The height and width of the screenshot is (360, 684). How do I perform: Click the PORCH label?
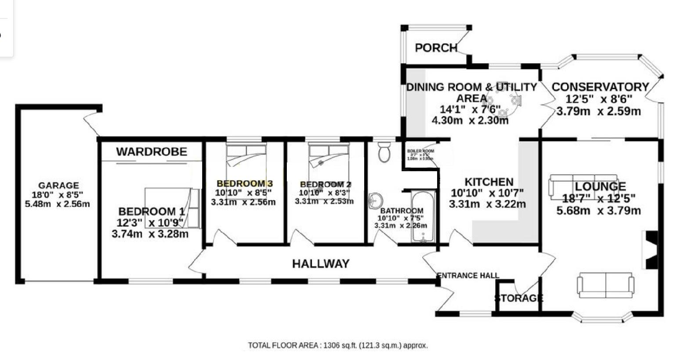pos(436,48)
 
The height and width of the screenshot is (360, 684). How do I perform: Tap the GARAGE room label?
pos(58,186)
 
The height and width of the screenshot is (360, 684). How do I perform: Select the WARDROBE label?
pos(152,152)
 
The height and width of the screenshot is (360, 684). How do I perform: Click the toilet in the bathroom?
pos(384,152)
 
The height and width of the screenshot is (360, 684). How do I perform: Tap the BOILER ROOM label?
pos(420,151)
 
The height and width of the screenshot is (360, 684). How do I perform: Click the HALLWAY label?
pos(321,263)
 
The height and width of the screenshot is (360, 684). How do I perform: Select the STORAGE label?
pos(519,299)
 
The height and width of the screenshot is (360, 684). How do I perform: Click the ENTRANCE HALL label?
pos(468,276)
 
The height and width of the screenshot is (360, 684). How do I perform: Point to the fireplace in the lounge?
pos(650,249)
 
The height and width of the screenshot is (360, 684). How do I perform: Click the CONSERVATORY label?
pos(600,87)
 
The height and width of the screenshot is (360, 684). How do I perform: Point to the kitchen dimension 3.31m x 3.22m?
pos(487,204)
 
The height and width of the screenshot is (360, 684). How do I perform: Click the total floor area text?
pos(338,346)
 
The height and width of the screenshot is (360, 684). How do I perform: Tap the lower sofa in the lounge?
pos(605,285)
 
